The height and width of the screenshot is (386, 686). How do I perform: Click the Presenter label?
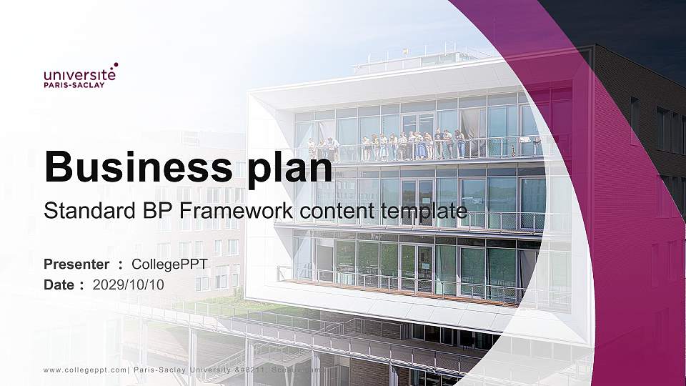click(x=76, y=264)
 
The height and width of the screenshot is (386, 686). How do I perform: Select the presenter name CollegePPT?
click(x=170, y=264)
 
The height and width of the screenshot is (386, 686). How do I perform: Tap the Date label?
click(x=59, y=284)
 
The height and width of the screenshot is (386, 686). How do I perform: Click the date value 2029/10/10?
click(x=129, y=284)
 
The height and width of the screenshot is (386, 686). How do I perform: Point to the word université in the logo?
click(x=79, y=74)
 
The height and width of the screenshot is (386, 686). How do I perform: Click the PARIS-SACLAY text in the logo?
click(x=74, y=85)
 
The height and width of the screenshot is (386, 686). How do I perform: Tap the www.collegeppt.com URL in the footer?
click(x=85, y=370)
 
